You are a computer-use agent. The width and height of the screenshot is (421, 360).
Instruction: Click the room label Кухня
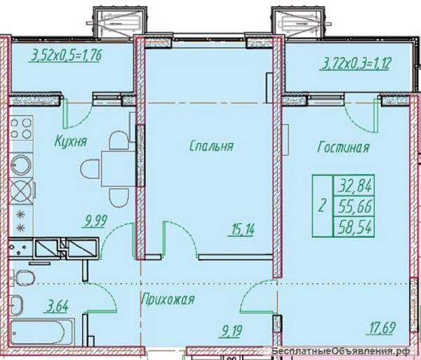pos(71,141)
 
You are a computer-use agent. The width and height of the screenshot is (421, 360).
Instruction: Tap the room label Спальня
pos(212,146)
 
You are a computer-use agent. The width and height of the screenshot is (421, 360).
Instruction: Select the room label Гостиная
pos(343,147)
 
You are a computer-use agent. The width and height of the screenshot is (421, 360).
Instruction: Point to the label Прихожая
pos(168,299)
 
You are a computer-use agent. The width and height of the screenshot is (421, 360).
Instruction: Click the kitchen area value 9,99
pos(96,220)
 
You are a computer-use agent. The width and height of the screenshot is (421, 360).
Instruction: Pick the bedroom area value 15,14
pos(241,229)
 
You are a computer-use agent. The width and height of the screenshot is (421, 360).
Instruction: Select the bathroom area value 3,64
pos(56,307)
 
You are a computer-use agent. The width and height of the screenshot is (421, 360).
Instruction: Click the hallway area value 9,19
pos(231,331)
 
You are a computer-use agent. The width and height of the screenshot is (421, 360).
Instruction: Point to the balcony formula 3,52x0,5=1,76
pos(66,55)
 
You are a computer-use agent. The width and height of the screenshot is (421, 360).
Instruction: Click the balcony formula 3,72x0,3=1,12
pos(354,64)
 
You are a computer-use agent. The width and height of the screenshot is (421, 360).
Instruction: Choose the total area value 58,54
pos(355,227)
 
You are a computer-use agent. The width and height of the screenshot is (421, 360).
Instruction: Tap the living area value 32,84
pos(355,186)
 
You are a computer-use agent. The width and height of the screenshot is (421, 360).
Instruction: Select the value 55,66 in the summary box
pos(355,206)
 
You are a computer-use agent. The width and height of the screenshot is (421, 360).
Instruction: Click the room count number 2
pos(322,206)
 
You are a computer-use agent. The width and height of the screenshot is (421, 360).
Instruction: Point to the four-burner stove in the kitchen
pos(21,128)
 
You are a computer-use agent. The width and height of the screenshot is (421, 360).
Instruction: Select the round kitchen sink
pos(21,164)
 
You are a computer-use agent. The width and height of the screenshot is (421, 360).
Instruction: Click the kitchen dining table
pos(118,168)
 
